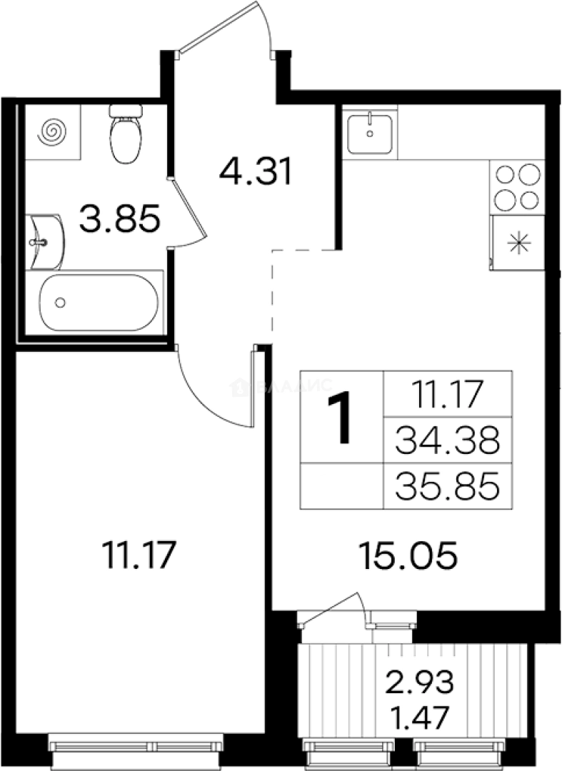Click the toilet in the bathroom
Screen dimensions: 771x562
click(x=126, y=133)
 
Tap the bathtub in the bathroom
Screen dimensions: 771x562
click(x=99, y=303)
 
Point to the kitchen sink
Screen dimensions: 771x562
click(x=370, y=132)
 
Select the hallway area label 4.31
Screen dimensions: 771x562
click(x=256, y=172)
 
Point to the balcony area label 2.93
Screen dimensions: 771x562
click(x=420, y=683)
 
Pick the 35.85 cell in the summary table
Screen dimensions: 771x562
click(x=447, y=488)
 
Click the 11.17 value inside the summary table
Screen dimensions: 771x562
click(x=447, y=393)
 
